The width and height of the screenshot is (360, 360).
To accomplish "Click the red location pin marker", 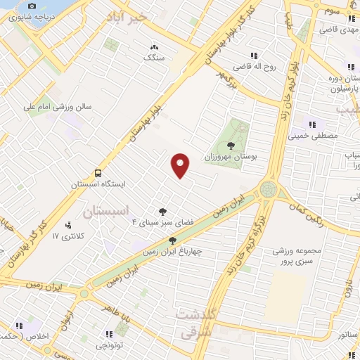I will point(181,165).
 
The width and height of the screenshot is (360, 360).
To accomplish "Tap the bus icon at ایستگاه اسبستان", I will point(98,173).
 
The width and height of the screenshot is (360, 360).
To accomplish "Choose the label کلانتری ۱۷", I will point(67,236).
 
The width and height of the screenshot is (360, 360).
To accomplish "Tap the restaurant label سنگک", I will point(153,58).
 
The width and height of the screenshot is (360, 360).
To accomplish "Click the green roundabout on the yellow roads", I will point(267,189).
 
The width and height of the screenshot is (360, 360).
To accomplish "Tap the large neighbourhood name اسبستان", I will point(107,211).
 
